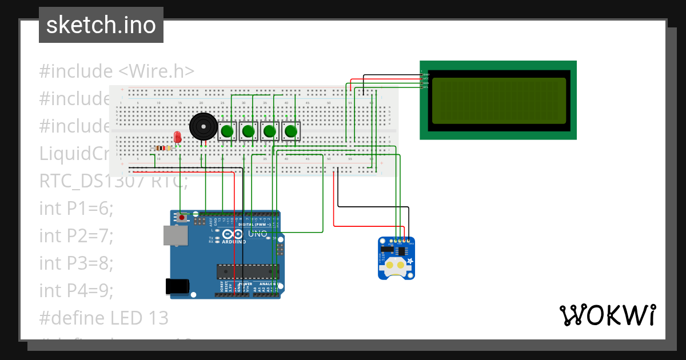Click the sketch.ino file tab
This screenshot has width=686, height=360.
pyautogui.click(x=101, y=25)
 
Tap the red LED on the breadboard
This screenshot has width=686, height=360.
pyautogui.click(x=177, y=137)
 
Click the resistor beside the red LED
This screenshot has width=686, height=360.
pyautogui.click(x=162, y=149)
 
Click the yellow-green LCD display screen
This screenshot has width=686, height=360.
pyautogui.click(x=498, y=101)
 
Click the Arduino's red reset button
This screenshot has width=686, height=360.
pyautogui.click(x=182, y=218)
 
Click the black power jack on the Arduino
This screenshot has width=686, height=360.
pyautogui.click(x=177, y=286)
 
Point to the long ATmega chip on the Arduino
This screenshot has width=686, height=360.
pyautogui.click(x=248, y=272)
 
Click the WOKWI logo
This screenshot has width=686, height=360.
pyautogui.click(x=607, y=315)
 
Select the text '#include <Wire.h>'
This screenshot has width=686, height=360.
pyautogui.click(x=117, y=71)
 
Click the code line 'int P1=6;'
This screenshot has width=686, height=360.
pyautogui.click(x=76, y=209)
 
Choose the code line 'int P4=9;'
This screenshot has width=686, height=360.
pyautogui.click(x=76, y=290)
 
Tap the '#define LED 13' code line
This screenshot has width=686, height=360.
pyautogui.click(x=103, y=318)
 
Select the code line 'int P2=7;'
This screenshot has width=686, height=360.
pyautogui.click(x=76, y=235)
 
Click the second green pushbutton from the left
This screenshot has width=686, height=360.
pyautogui.click(x=248, y=131)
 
